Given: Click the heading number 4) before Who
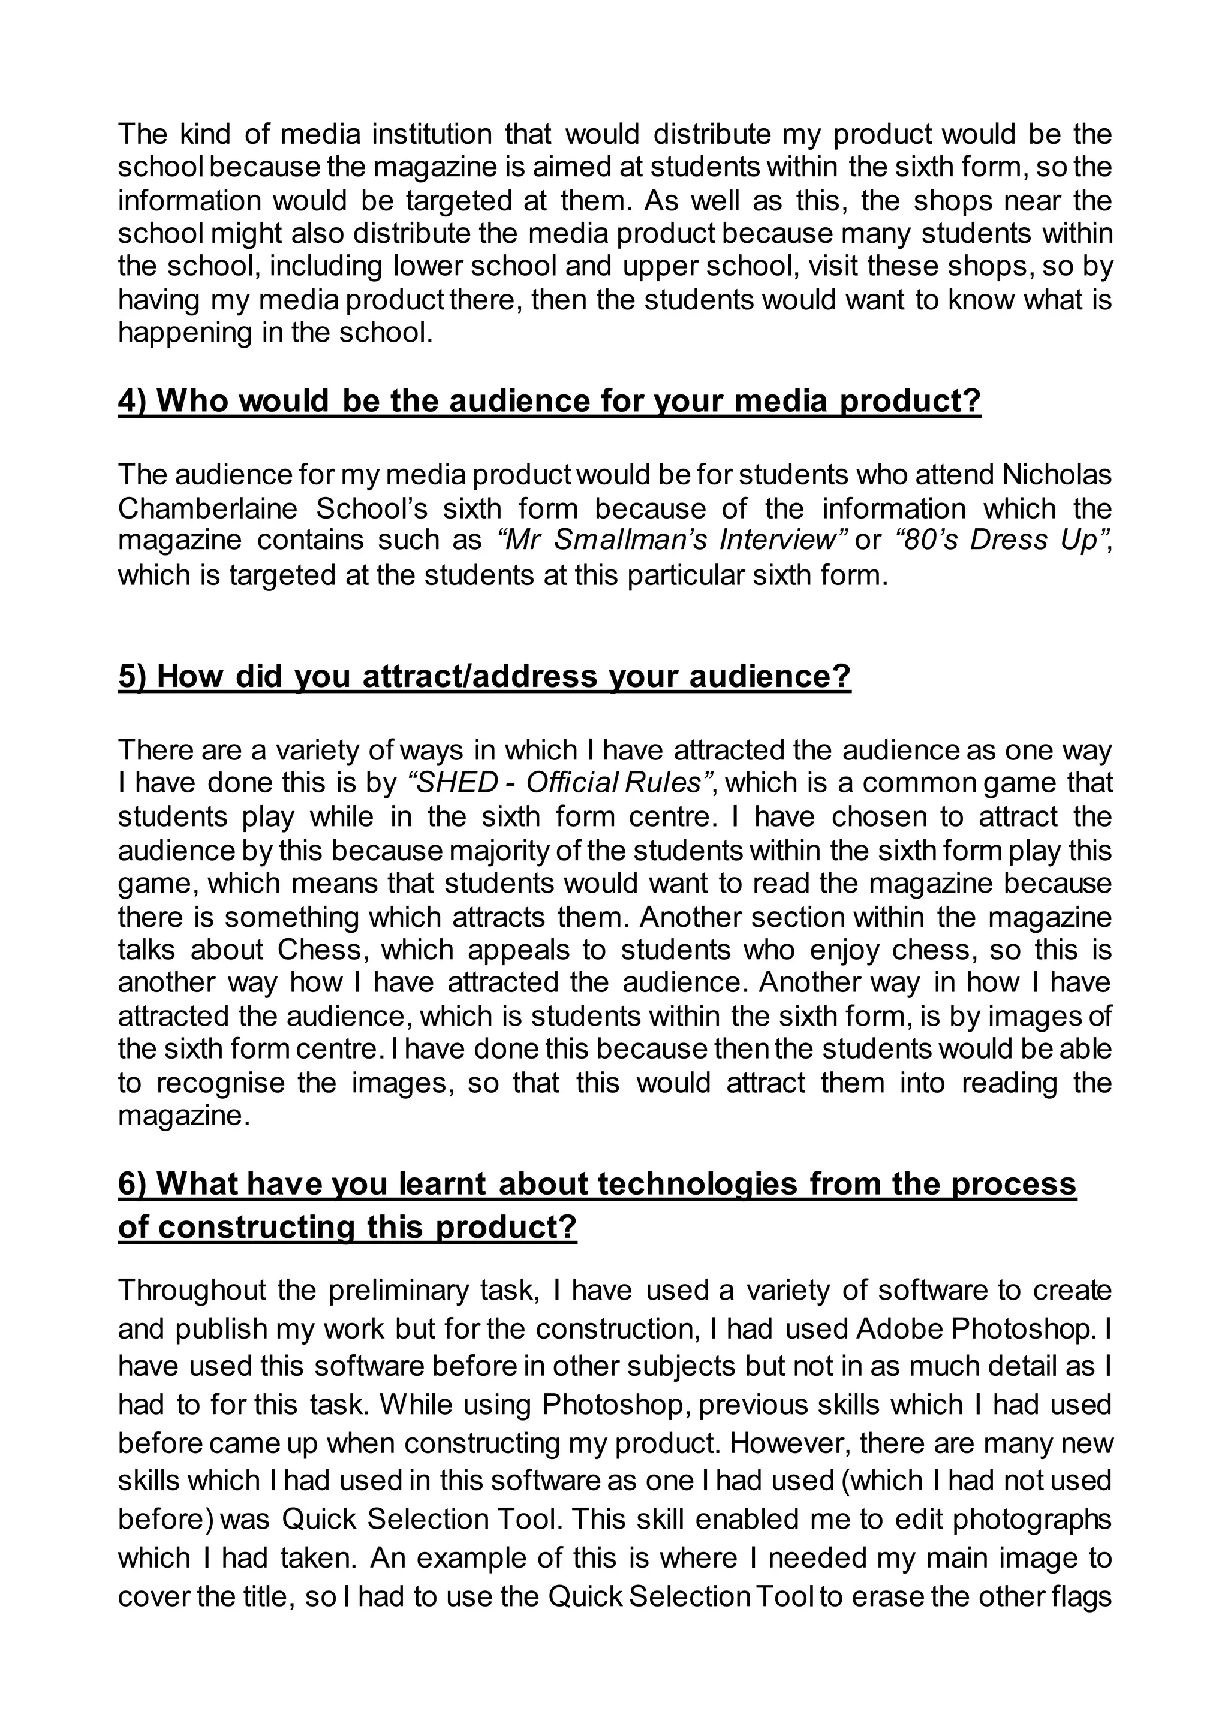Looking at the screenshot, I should tap(134, 401).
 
